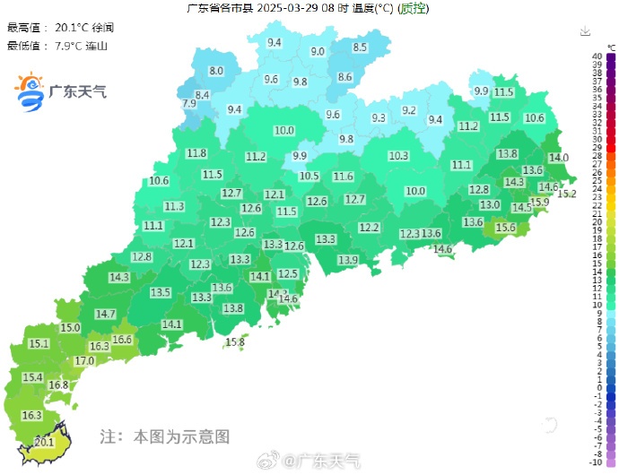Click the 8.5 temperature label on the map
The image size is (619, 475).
[x=360, y=47]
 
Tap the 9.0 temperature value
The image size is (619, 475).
[x=318, y=52]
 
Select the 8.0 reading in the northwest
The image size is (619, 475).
[x=216, y=70]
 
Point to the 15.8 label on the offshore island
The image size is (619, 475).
[x=235, y=341]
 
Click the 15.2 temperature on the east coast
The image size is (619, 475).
[x=567, y=194]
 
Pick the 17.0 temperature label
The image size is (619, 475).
[x=84, y=360]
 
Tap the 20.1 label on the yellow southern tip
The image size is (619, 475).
[x=45, y=442]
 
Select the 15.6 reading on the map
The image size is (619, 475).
[x=506, y=229]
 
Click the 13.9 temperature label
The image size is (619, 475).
[x=348, y=260]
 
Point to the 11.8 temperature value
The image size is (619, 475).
[x=196, y=153]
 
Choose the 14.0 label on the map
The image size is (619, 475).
[x=559, y=158]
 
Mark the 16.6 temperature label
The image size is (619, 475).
[x=122, y=339]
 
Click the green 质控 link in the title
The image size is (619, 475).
[x=413, y=9]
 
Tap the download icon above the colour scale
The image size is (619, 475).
[x=585, y=30]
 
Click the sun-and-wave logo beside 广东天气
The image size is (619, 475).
[x=31, y=91]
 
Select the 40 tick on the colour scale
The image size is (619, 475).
[x=596, y=56]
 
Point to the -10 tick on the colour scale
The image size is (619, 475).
[x=595, y=462]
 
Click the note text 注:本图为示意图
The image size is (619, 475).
[x=165, y=436]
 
